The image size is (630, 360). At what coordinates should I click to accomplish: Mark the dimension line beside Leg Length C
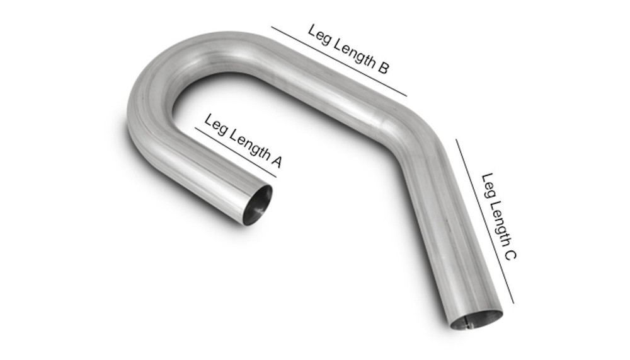pos(484,221)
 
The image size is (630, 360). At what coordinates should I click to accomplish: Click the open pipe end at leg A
pos(258,204)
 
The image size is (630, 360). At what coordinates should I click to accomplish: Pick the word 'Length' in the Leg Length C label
pos(498,218)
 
